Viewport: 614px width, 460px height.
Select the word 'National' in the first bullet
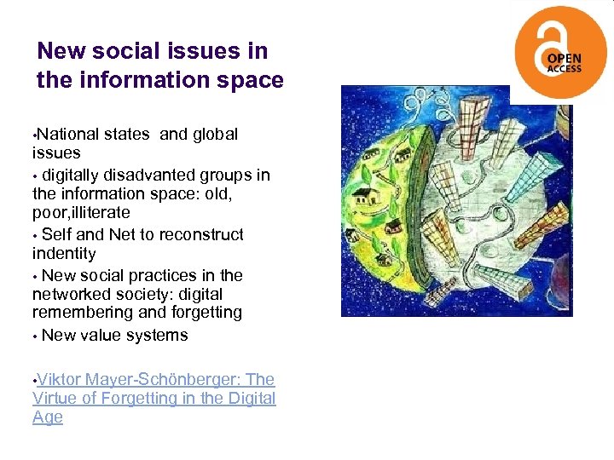point(68,134)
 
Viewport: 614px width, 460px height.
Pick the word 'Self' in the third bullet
point(57,234)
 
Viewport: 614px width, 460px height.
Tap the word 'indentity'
point(64,253)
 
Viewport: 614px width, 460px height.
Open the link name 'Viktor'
point(61,379)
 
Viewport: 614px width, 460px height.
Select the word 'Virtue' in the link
point(56,398)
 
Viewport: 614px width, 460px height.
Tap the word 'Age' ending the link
point(48,417)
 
